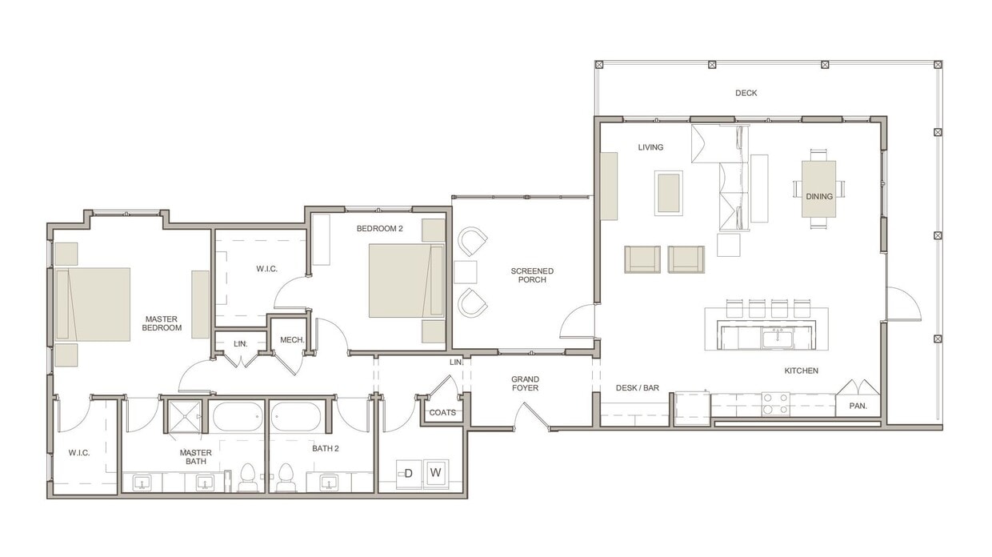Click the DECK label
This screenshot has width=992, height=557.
(x=746, y=93)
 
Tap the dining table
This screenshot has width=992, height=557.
(x=818, y=189)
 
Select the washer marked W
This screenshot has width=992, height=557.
(x=436, y=472)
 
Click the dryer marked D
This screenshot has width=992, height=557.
(x=408, y=473)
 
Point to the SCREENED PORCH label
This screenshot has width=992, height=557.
(x=532, y=275)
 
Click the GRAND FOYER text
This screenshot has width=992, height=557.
(x=526, y=383)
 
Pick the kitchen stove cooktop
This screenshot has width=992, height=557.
(x=774, y=403)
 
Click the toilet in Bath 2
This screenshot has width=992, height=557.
(x=286, y=478)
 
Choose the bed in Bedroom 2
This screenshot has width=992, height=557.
(x=406, y=281)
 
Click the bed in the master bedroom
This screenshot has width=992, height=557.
(x=98, y=304)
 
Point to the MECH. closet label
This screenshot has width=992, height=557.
(x=292, y=340)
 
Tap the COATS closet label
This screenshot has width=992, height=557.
(x=442, y=413)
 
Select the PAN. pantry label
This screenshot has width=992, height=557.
(x=858, y=406)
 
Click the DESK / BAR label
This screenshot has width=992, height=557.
(x=638, y=388)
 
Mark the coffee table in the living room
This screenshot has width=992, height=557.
(x=669, y=193)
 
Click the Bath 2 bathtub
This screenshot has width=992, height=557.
(x=296, y=417)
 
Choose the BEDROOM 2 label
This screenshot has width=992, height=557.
(x=379, y=229)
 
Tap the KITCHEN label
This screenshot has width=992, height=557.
(x=801, y=371)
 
